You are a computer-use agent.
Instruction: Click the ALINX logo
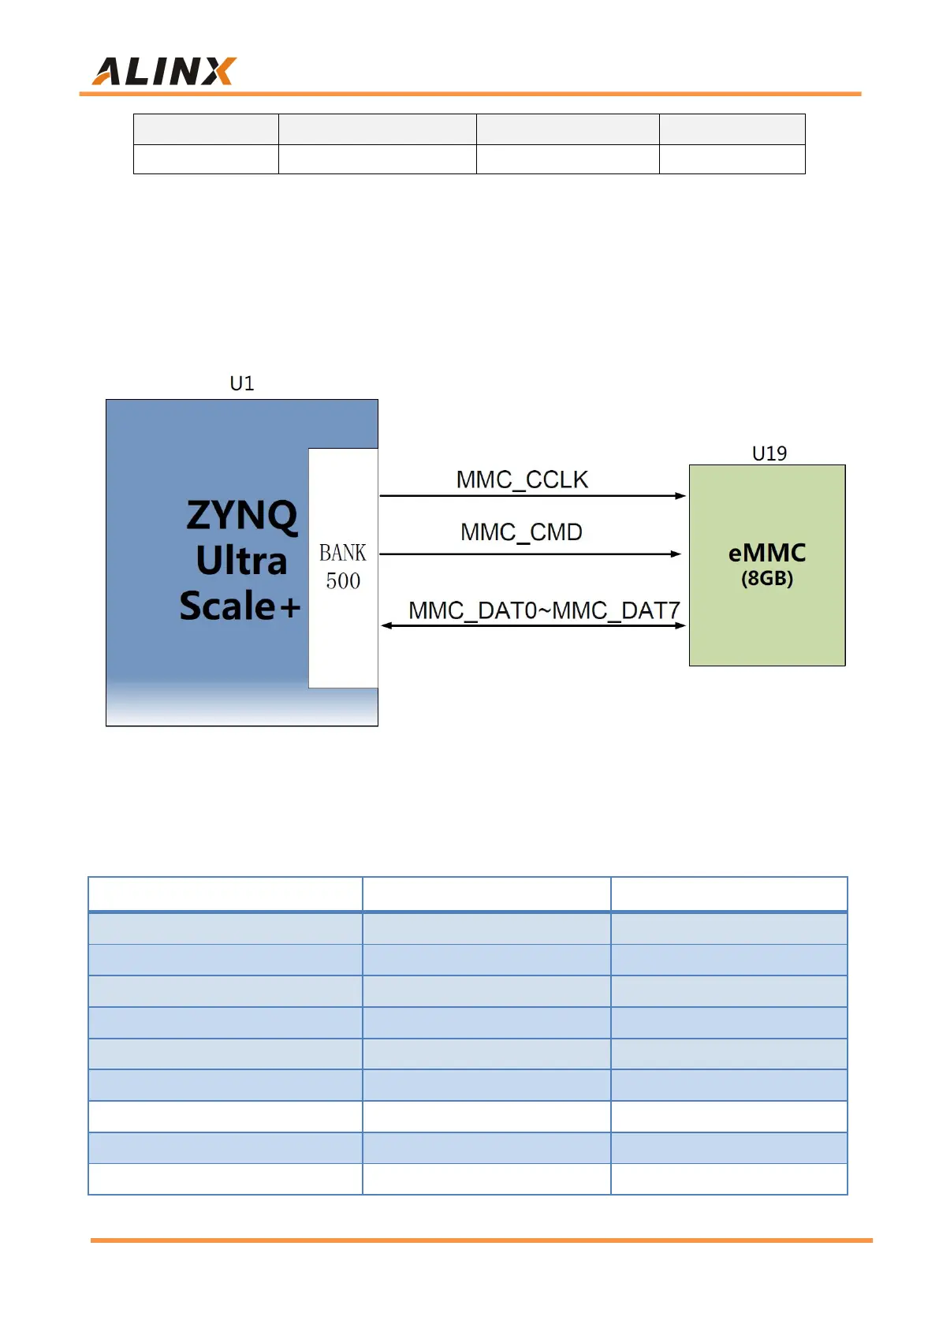(x=164, y=72)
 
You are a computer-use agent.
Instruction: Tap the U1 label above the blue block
(x=242, y=384)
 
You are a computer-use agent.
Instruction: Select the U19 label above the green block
(x=769, y=453)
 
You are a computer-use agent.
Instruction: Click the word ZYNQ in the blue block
(x=242, y=515)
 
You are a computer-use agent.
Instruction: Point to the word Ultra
(x=241, y=561)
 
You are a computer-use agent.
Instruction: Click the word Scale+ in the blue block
(x=240, y=606)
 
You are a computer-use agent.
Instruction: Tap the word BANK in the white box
(x=343, y=553)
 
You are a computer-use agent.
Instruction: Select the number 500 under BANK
(x=343, y=581)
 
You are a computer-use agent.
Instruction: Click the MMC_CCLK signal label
(x=522, y=479)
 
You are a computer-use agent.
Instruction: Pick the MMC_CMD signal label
(x=521, y=532)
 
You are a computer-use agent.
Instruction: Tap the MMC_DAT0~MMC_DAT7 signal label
(x=544, y=610)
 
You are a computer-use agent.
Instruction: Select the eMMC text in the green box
(x=767, y=553)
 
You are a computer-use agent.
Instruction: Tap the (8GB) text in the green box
(x=767, y=578)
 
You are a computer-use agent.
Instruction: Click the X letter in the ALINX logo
(x=218, y=72)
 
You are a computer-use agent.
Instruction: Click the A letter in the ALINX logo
(x=109, y=72)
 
